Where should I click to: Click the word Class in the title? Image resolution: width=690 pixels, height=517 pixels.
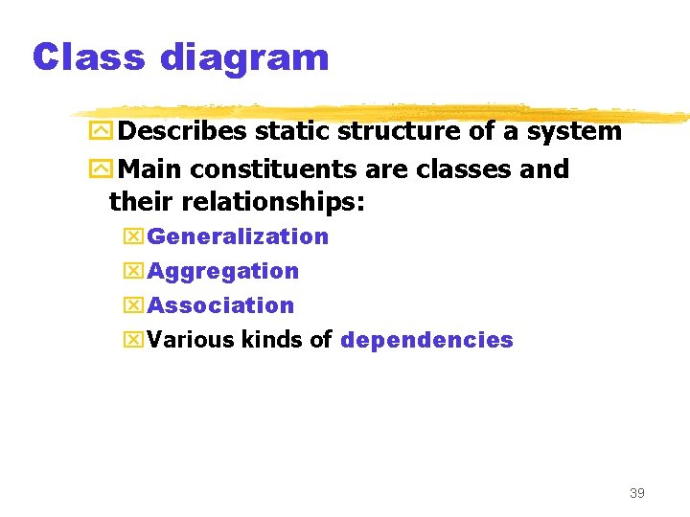[x=87, y=57]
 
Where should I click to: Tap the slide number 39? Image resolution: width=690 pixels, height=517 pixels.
[x=636, y=493]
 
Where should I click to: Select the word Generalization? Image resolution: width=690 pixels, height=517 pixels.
[x=238, y=236]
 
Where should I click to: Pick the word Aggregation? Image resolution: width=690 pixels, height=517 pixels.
[x=223, y=272]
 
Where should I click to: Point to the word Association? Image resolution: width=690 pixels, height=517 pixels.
[x=220, y=305]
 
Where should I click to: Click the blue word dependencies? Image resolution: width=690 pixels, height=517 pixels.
[x=426, y=340]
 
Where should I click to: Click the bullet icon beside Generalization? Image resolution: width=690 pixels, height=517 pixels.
[x=133, y=236]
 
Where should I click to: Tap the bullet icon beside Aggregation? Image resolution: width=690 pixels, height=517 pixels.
[x=133, y=272]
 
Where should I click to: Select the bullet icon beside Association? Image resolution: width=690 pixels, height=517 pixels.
[x=133, y=305]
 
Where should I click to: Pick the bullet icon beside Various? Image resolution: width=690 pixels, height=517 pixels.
[x=133, y=340]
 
